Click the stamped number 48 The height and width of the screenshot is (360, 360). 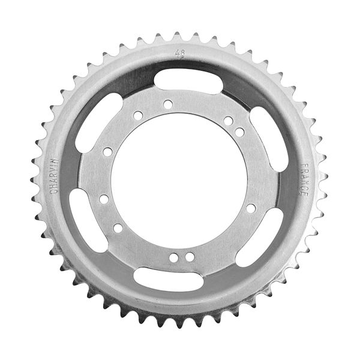coord(179,54)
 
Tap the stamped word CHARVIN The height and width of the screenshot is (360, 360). coord(54,175)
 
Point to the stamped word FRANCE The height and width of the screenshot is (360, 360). coord(304,180)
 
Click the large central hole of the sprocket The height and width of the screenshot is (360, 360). coord(179,180)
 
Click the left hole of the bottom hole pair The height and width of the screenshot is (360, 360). coord(173,257)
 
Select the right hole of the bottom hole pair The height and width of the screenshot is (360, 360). coord(190,257)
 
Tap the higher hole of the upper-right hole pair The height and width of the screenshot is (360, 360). coord(229,121)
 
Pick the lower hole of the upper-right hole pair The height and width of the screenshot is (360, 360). coord(239,132)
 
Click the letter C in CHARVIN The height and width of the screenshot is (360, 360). coord(54,191)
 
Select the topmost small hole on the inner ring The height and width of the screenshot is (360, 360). coord(168,104)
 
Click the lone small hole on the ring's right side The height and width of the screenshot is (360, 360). coord(251,208)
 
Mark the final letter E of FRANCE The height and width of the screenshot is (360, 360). coord(304,197)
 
